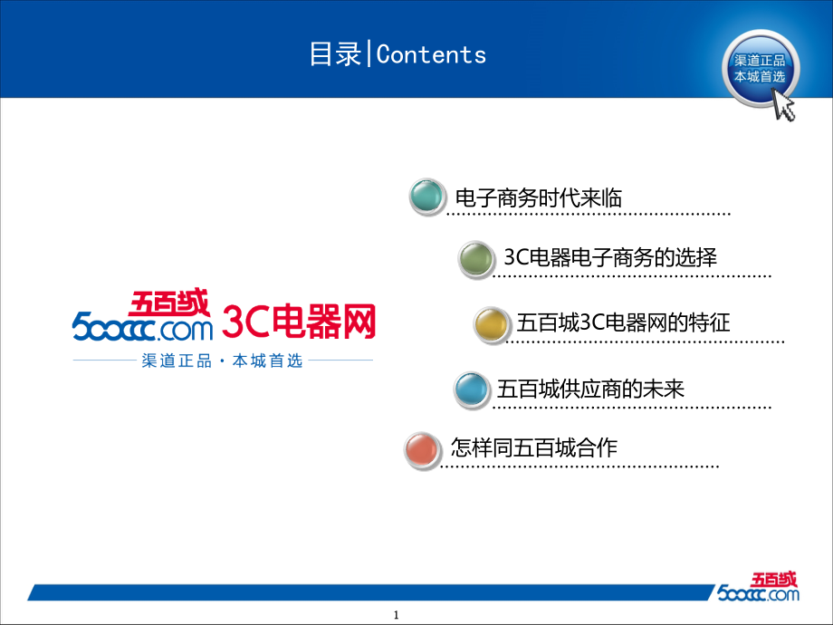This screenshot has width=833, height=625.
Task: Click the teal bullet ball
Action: pyautogui.click(x=427, y=197)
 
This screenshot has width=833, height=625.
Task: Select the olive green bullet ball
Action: pyautogui.click(x=476, y=259)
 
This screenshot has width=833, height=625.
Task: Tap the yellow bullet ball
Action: pyautogui.click(x=491, y=324)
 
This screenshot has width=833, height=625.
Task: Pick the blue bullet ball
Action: pyautogui.click(x=471, y=389)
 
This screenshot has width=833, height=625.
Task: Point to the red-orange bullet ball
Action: pyautogui.click(x=422, y=450)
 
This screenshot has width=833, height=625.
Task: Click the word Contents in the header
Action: pyautogui.click(x=431, y=54)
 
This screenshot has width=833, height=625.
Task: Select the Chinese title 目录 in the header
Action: pyautogui.click(x=335, y=54)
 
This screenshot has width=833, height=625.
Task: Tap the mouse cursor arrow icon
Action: pyautogui.click(x=784, y=105)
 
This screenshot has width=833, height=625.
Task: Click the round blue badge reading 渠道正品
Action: pyautogui.click(x=760, y=69)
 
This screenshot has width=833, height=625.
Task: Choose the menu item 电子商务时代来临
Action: pyautogui.click(x=539, y=198)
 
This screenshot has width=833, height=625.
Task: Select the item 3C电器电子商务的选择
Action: pyautogui.click(x=610, y=257)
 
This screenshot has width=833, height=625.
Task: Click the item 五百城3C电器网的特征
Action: pyautogui.click(x=623, y=322)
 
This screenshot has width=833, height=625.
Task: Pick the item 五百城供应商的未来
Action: pyautogui.click(x=590, y=389)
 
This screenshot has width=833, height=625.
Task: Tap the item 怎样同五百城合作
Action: pyautogui.click(x=534, y=447)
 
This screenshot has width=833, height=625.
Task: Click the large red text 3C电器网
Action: pyautogui.click(x=299, y=322)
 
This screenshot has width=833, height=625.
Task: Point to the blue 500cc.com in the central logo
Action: pyautogui.click(x=142, y=326)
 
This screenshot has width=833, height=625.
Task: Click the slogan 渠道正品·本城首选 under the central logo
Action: pyautogui.click(x=222, y=361)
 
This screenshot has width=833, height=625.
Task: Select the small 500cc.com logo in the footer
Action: pyautogui.click(x=758, y=587)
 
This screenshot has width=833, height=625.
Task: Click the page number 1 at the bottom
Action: pyautogui.click(x=396, y=615)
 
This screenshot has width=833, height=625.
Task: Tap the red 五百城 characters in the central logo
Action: pyautogui.click(x=168, y=303)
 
